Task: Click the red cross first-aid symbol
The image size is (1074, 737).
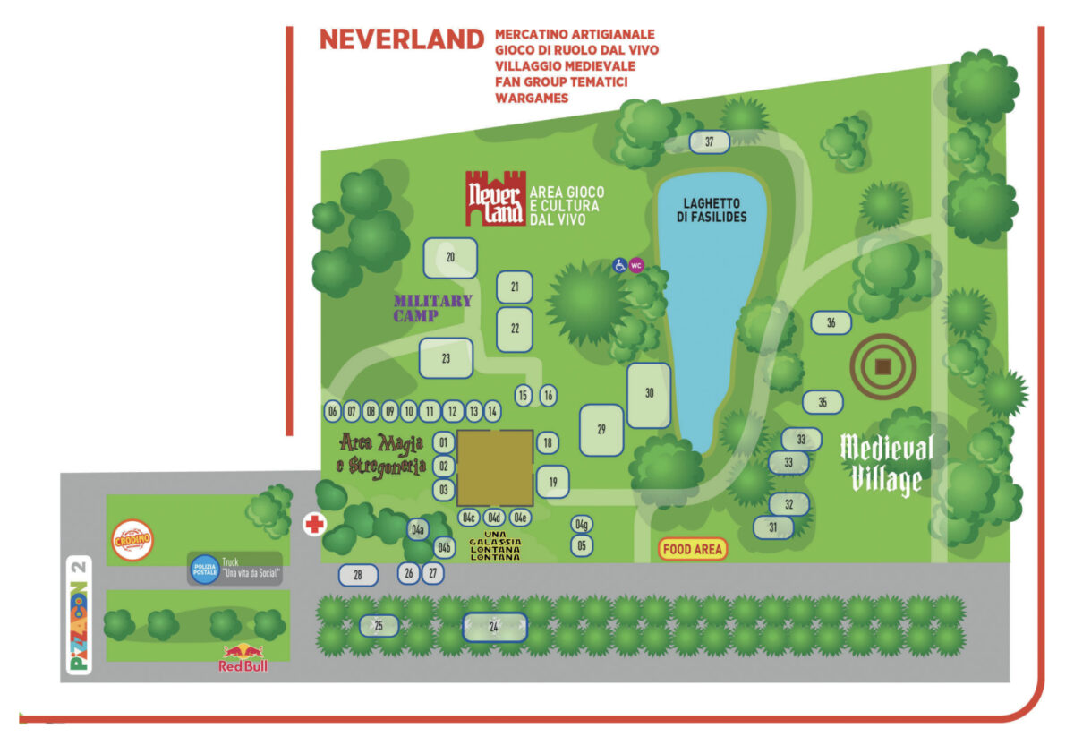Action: (x=314, y=524)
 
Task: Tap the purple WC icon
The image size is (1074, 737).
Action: (x=636, y=265)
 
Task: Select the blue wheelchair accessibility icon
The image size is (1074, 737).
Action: (x=619, y=265)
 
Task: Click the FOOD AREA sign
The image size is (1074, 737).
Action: (x=693, y=549)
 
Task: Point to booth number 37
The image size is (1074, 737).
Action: (x=710, y=141)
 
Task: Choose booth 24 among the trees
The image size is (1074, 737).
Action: (x=494, y=628)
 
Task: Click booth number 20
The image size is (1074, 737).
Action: (x=450, y=258)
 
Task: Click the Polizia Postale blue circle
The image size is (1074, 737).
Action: (x=205, y=568)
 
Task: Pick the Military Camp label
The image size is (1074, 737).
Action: (x=432, y=308)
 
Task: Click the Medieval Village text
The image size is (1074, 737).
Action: (x=887, y=464)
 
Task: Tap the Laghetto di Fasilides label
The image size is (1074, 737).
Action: (x=712, y=210)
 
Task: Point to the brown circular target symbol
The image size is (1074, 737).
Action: (x=882, y=366)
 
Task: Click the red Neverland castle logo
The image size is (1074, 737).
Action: (x=495, y=198)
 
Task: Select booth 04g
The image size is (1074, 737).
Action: (x=582, y=524)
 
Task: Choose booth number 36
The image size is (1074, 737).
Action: (x=831, y=323)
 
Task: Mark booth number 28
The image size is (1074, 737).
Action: (x=358, y=575)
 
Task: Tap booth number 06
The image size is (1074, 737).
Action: (x=333, y=412)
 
